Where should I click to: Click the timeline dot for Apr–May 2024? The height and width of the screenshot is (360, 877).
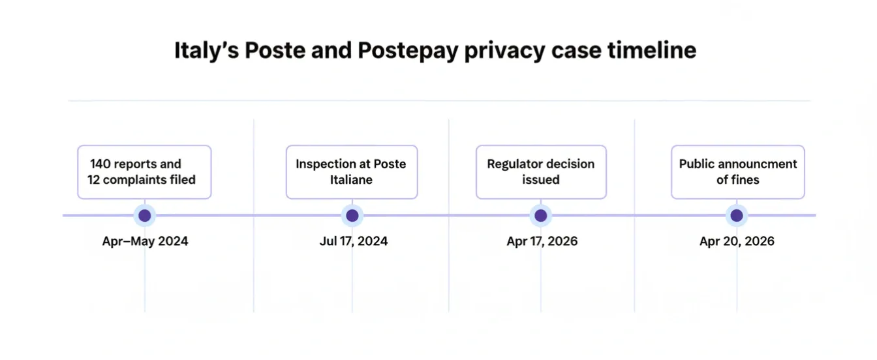point(144,215)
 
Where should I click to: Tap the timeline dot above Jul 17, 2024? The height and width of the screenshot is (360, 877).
point(352,215)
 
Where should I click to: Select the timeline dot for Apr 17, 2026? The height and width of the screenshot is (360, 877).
point(541,215)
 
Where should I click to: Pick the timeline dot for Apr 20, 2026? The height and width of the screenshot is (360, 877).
point(737,215)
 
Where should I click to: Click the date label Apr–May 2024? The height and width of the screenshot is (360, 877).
point(145,241)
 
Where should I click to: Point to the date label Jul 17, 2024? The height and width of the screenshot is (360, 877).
point(353,241)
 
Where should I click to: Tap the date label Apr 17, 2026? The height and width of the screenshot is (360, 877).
point(542,241)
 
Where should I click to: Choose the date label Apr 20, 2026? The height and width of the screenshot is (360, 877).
point(737,241)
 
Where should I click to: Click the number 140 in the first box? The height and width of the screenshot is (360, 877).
point(101,164)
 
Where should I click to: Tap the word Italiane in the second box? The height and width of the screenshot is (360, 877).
point(351,179)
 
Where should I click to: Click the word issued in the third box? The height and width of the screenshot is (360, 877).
point(541,179)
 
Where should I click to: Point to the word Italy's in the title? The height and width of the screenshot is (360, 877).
point(206,50)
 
